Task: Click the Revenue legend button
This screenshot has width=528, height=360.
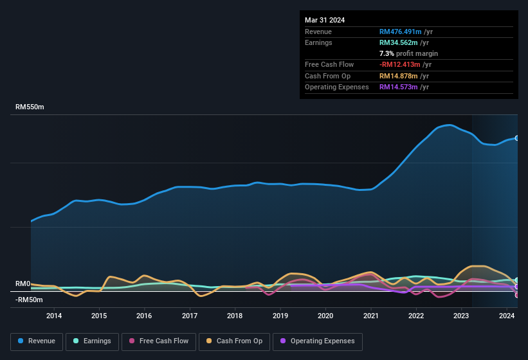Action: pyautogui.click(x=37, y=341)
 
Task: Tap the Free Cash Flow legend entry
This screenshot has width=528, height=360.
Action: pyautogui.click(x=158, y=341)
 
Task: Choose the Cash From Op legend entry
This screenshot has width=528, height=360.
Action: pyautogui.click(x=235, y=341)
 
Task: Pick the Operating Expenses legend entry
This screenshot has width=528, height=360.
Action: pyautogui.click(x=317, y=341)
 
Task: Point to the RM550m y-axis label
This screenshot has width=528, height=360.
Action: pyautogui.click(x=30, y=107)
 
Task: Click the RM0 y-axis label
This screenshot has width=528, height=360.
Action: pyautogui.click(x=23, y=283)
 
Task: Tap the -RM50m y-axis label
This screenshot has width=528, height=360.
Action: pyautogui.click(x=28, y=300)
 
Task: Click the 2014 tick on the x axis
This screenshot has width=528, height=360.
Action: pyautogui.click(x=54, y=316)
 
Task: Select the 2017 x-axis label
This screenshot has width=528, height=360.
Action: pyautogui.click(x=190, y=316)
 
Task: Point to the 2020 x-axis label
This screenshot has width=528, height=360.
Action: pyautogui.click(x=325, y=316)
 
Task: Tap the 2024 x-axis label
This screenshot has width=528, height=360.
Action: pyautogui.click(x=507, y=316)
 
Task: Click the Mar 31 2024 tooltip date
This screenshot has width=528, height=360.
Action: pyautogui.click(x=325, y=20)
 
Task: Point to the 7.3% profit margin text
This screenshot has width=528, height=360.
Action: pyautogui.click(x=408, y=53)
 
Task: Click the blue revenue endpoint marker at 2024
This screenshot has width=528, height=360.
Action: pyautogui.click(x=516, y=138)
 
